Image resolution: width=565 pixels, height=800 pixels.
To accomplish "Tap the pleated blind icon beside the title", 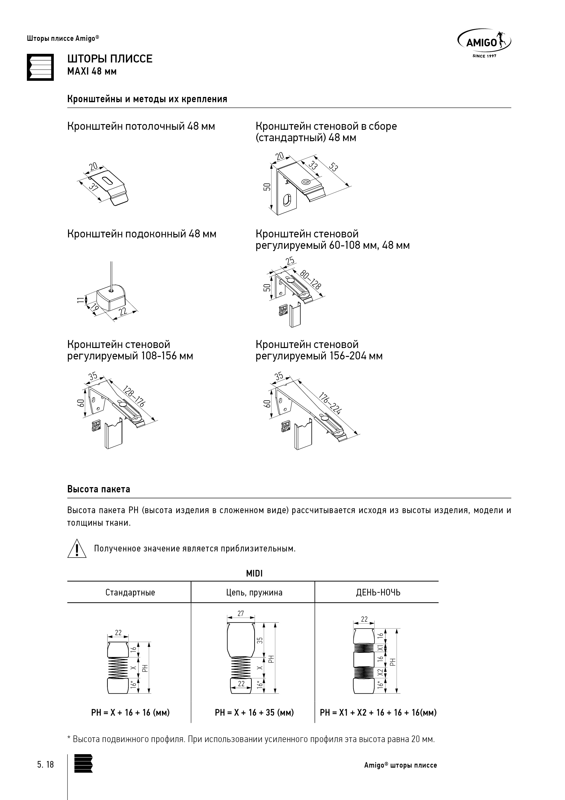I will [40, 67].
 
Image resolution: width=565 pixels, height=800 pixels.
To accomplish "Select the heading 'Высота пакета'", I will [98, 489].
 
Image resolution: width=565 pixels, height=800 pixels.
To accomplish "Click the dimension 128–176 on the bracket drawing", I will [134, 396].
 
